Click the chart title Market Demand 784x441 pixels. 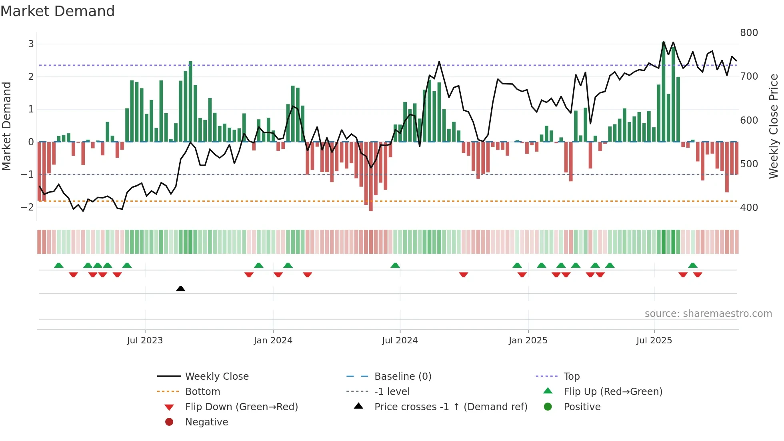click(x=58, y=11)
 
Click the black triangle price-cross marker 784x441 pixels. click(x=180, y=289)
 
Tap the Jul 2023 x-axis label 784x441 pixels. click(x=145, y=341)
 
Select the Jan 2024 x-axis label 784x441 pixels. click(x=273, y=341)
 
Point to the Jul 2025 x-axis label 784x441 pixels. click(x=654, y=341)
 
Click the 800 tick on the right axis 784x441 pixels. click(x=749, y=33)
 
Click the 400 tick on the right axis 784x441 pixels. click(x=749, y=208)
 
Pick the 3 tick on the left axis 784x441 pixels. click(x=31, y=44)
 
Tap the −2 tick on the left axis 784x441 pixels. click(x=28, y=207)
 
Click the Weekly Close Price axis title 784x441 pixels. click(x=774, y=126)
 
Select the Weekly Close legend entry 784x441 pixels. click(x=216, y=377)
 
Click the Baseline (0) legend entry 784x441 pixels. click(x=402, y=377)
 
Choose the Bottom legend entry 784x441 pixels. click(x=202, y=392)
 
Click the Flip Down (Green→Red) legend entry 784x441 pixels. click(x=241, y=407)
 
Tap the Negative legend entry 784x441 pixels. click(x=206, y=422)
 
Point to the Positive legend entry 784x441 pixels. click(x=582, y=407)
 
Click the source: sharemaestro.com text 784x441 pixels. click(x=708, y=314)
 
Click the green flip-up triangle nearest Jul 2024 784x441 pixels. click(x=395, y=265)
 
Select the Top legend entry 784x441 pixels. click(x=572, y=377)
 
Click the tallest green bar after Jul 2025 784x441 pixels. click(x=664, y=92)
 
